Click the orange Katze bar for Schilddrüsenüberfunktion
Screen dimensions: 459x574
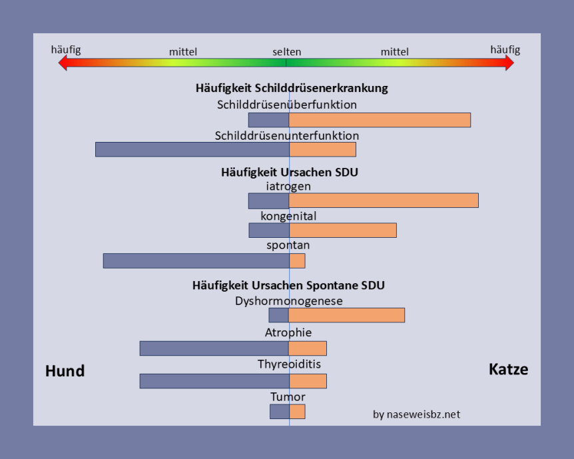(x=380, y=120)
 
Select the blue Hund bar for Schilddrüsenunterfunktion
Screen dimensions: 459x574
(x=192, y=149)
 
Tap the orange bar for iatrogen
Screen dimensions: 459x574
(x=384, y=201)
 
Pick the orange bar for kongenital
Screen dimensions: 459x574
(x=343, y=230)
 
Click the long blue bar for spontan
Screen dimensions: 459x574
(x=196, y=260)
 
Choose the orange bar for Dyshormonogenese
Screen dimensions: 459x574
(x=347, y=315)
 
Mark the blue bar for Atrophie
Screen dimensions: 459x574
(x=214, y=348)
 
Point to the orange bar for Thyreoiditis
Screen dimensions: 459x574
(x=308, y=380)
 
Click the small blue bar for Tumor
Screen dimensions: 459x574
(x=279, y=412)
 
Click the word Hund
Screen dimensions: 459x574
(x=65, y=371)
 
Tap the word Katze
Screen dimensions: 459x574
(x=508, y=369)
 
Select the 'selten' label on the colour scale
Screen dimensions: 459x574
(x=286, y=51)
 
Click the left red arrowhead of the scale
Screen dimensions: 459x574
(x=63, y=63)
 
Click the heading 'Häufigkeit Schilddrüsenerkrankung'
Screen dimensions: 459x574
(x=292, y=88)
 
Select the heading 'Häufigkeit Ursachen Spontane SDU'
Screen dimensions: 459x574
(x=288, y=285)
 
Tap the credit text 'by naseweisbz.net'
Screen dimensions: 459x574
(x=416, y=414)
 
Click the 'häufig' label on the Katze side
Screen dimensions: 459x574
(x=505, y=49)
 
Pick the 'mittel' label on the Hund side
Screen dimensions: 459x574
(x=183, y=51)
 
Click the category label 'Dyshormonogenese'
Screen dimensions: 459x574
(x=288, y=301)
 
